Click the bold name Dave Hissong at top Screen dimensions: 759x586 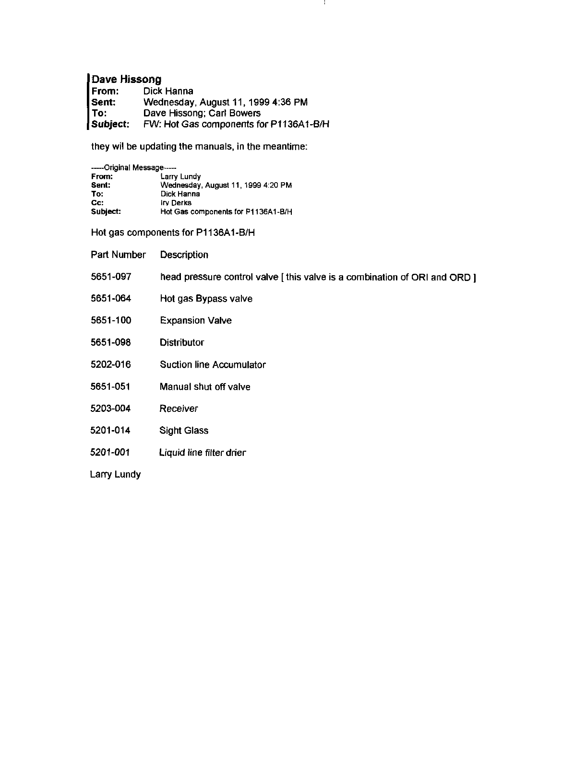click(x=126, y=79)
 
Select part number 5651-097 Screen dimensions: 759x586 click(x=111, y=277)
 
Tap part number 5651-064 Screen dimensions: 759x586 click(x=111, y=299)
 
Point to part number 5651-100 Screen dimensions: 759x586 click(x=111, y=320)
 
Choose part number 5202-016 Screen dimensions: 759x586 click(x=111, y=364)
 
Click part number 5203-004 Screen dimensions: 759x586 click(x=111, y=409)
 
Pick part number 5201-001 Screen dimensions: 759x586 click(x=110, y=452)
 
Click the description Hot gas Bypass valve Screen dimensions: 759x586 click(x=206, y=299)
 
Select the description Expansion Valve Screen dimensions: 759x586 click(x=196, y=320)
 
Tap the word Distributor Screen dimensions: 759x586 click(x=182, y=342)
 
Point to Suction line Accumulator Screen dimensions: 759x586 click(x=213, y=364)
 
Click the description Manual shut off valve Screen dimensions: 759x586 click(x=205, y=386)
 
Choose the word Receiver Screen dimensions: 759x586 click(x=179, y=409)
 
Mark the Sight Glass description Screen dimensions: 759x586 click(x=184, y=431)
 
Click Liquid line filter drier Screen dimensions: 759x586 click(x=203, y=452)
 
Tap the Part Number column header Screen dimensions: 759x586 click(x=118, y=255)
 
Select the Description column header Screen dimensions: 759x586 click(x=184, y=255)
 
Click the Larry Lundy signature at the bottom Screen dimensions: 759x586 click(x=115, y=474)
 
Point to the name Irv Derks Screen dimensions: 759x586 click(x=176, y=203)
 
